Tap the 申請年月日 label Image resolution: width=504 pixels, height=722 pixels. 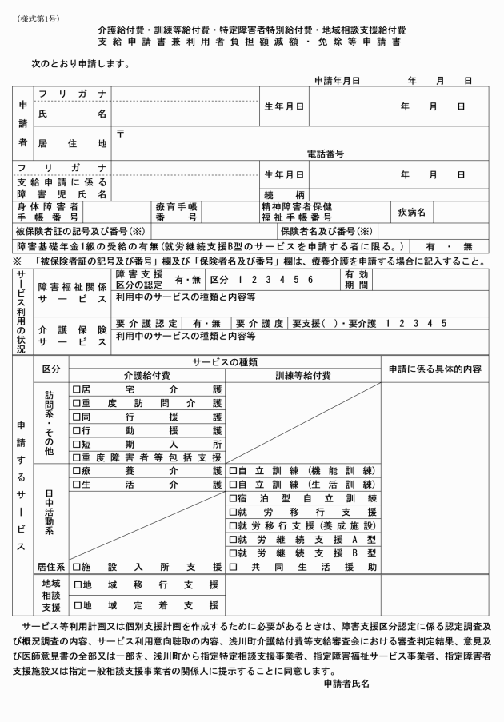[337, 81]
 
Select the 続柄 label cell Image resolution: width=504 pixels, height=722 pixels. [284, 194]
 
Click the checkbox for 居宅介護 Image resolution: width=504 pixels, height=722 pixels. [77, 389]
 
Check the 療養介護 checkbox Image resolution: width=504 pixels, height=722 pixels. [77, 470]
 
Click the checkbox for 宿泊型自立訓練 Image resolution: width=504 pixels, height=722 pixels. [233, 497]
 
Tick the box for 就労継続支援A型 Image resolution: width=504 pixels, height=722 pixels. [233, 538]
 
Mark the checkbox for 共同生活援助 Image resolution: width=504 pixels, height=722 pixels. [233, 566]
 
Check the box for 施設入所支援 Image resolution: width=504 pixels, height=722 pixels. [77, 566]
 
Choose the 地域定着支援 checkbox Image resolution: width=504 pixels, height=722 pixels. [77, 605]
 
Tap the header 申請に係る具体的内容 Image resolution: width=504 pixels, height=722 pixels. [434, 369]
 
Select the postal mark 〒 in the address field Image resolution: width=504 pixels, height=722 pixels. [119, 133]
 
